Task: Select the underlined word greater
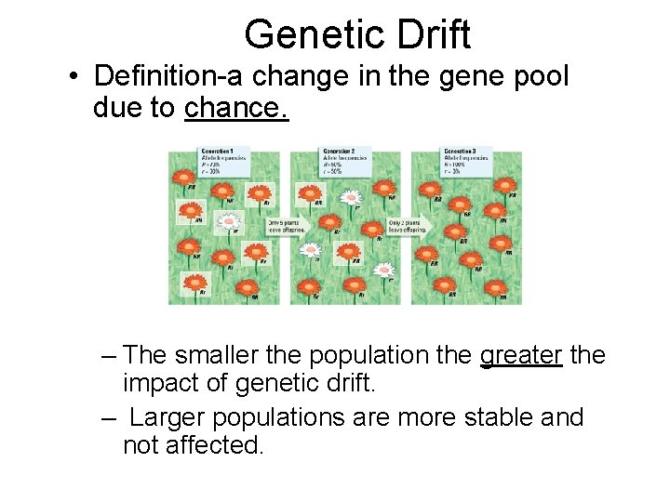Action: (x=521, y=355)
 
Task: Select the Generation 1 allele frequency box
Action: (x=225, y=160)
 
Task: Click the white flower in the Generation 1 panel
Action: (x=227, y=222)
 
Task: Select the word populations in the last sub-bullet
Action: (x=285, y=417)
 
